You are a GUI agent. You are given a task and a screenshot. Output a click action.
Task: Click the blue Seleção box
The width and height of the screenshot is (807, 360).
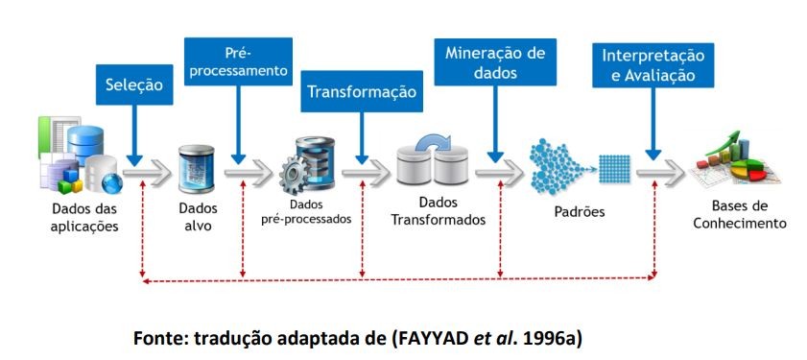(135, 84)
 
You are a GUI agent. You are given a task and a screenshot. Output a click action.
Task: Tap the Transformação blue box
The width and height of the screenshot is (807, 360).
(362, 91)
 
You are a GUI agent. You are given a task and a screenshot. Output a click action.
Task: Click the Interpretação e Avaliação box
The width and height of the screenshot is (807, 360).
(653, 65)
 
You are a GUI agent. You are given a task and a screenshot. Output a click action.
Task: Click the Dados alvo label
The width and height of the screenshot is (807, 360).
(199, 216)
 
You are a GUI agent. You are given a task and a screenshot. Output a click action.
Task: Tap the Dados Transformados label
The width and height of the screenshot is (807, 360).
(438, 210)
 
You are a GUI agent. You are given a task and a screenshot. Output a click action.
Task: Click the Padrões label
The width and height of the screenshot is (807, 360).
(580, 211)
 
